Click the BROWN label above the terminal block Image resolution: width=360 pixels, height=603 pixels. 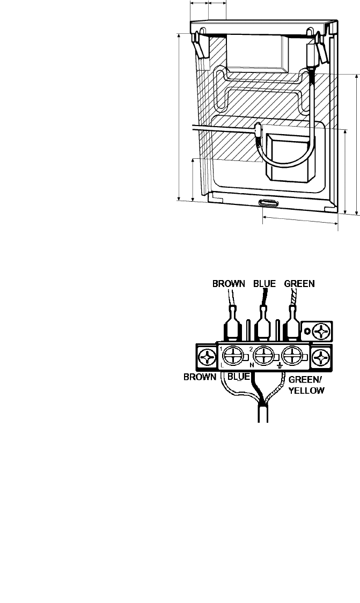229,284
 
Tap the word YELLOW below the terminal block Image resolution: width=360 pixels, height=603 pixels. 307,391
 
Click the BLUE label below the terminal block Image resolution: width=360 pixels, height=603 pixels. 239,377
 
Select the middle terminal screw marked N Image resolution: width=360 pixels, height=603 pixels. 263,356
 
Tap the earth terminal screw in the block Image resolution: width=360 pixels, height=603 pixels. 291,356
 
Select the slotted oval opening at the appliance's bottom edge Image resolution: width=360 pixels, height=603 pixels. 268,203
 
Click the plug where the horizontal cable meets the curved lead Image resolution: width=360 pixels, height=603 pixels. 258,131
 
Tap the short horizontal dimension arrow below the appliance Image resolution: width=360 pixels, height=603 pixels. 300,220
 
